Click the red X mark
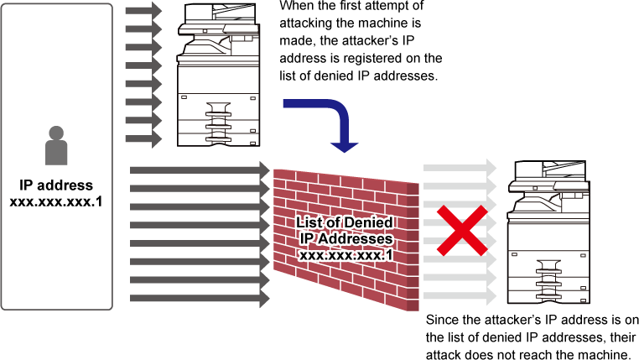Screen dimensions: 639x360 (462, 231)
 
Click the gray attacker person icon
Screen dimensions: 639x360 (56, 145)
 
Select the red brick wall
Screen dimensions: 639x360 (346, 240)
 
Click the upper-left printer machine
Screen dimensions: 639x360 (218, 75)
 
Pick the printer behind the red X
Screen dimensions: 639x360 (548, 232)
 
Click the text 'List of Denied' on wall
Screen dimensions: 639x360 (345, 222)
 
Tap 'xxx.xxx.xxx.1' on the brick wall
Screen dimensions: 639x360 (346, 255)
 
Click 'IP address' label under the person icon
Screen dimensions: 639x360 (56, 185)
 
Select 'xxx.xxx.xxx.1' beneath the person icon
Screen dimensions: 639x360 (56, 201)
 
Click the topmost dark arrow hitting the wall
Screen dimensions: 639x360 (200, 170)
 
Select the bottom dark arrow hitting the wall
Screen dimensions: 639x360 (200, 299)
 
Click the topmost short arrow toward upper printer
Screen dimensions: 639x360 (143, 11)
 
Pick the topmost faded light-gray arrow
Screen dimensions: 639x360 (460, 168)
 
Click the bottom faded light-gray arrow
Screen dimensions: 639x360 (460, 296)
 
